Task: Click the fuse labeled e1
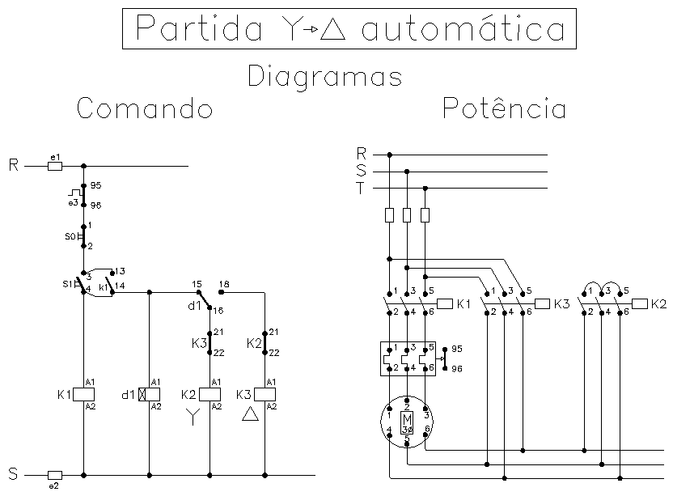click(55, 166)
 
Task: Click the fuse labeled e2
click(55, 476)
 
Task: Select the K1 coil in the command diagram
click(83, 394)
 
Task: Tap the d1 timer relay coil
click(150, 394)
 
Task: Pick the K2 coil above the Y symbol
click(210, 394)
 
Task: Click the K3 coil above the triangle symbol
click(265, 394)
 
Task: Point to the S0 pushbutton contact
click(83, 236)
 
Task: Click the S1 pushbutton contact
click(81, 283)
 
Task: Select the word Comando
click(145, 108)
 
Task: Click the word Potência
click(504, 108)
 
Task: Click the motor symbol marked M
click(407, 422)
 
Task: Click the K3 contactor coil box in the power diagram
click(543, 303)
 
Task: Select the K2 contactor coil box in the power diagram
click(640, 303)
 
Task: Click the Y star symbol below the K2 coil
click(193, 417)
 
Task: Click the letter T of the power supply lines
click(361, 188)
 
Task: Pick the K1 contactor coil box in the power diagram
click(445, 303)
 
